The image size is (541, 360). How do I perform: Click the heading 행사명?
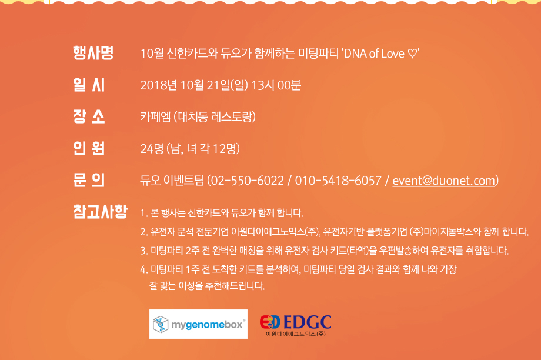pyautogui.click(x=93, y=53)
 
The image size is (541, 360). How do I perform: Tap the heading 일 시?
pyautogui.click(x=89, y=85)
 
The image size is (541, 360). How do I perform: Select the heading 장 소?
pyautogui.click(x=89, y=116)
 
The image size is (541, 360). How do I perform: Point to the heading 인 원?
pyautogui.click(x=89, y=148)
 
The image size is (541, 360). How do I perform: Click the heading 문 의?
pyautogui.click(x=89, y=180)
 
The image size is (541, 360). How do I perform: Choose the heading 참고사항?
pyautogui.click(x=101, y=211)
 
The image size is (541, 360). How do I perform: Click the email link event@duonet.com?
pyautogui.click(x=444, y=181)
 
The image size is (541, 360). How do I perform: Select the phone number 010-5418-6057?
pyautogui.click(x=338, y=181)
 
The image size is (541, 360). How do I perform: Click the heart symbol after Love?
pyautogui.click(x=412, y=54)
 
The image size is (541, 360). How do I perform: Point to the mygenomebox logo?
pyautogui.click(x=198, y=324)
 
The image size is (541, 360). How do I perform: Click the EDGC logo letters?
pyautogui.click(x=308, y=322)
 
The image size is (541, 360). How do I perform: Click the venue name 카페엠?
pyautogui.click(x=155, y=117)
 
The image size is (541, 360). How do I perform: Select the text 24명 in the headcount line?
pyautogui.click(x=152, y=149)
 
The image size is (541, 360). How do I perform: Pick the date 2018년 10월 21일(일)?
pyautogui.click(x=194, y=85)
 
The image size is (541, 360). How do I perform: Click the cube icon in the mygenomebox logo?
pyautogui.click(x=161, y=324)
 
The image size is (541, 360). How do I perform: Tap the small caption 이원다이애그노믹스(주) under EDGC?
pyautogui.click(x=296, y=334)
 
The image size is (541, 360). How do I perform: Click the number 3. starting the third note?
pyautogui.click(x=144, y=251)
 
